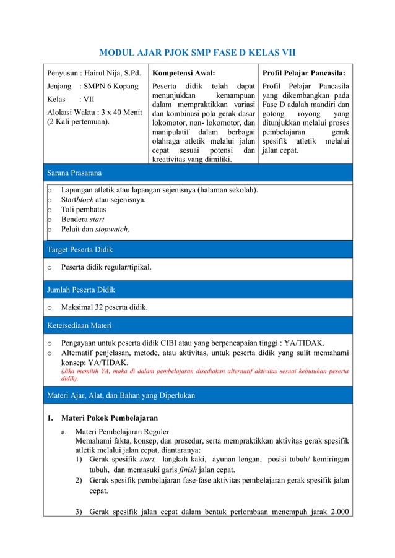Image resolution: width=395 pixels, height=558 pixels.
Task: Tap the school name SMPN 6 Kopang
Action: click(x=110, y=86)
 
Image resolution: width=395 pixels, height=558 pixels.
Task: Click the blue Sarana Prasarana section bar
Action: click(x=197, y=173)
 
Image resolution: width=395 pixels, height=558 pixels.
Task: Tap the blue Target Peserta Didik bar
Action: click(x=197, y=249)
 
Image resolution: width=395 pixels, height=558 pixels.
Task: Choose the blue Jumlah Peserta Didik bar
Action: click(x=197, y=289)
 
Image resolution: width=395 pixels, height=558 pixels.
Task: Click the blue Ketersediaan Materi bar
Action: click(x=197, y=324)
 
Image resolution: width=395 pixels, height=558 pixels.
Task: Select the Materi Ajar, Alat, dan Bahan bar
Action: click(x=197, y=395)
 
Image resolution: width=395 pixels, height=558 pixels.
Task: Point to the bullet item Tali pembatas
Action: click(x=83, y=210)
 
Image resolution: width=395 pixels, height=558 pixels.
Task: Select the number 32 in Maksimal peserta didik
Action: click(x=100, y=307)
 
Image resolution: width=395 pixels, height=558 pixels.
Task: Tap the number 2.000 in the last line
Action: click(x=337, y=511)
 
